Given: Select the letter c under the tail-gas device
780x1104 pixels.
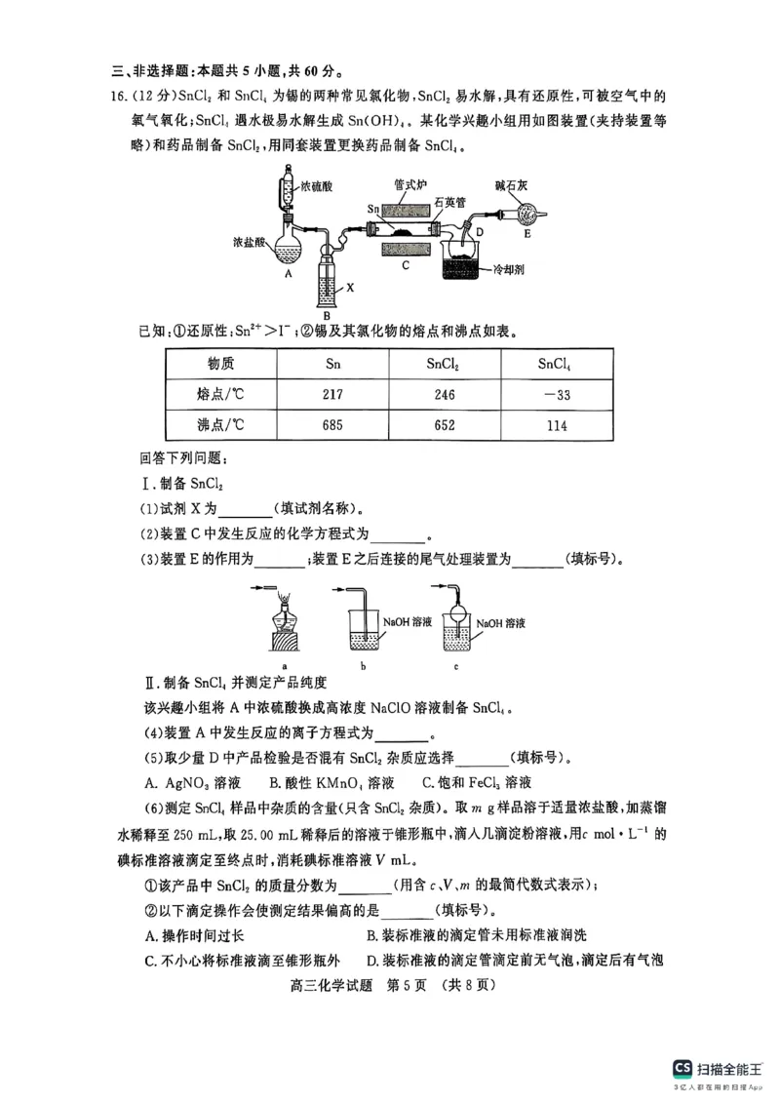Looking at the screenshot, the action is (x=455, y=666).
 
